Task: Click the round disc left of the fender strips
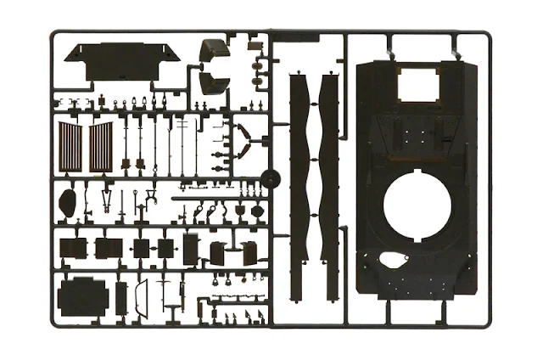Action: point(271,178)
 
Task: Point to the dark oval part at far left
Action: point(69,202)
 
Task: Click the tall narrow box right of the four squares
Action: point(190,247)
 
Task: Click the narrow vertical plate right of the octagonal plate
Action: point(121,296)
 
